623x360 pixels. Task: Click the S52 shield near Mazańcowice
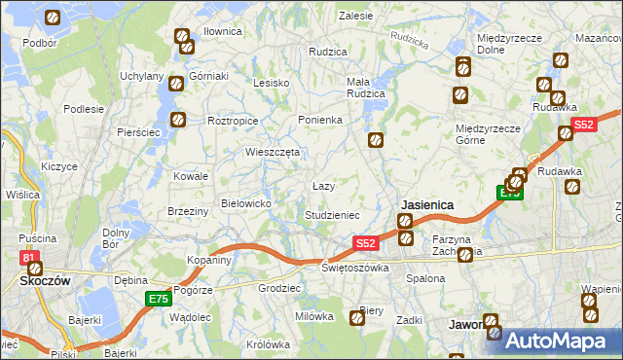[x=584, y=125]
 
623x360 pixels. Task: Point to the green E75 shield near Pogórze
[x=158, y=298]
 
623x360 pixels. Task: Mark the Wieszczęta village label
[x=273, y=152]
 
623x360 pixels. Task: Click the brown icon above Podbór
[x=53, y=18]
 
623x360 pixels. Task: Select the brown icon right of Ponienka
[x=375, y=141]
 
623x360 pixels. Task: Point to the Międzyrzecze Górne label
[x=484, y=133]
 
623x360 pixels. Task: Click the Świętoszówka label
[x=355, y=267]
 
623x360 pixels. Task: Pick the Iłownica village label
[x=222, y=31]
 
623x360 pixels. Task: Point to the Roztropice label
[x=233, y=121]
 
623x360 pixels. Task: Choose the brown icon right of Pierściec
[x=179, y=120]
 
